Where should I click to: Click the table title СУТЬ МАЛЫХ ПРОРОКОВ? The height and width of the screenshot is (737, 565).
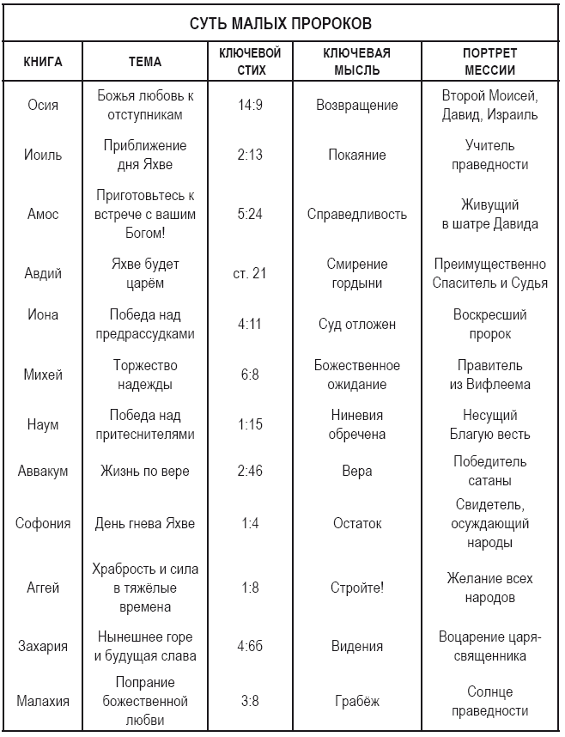tap(281, 22)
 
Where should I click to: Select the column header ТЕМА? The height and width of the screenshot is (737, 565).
tap(144, 62)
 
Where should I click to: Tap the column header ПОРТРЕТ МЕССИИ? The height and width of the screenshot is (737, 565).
tap(489, 62)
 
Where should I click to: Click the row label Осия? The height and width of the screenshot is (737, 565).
tap(43, 105)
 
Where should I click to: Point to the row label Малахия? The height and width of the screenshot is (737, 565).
tap(43, 700)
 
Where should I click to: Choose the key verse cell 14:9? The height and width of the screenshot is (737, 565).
tap(250, 105)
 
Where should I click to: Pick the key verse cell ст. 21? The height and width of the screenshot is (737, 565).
tap(250, 273)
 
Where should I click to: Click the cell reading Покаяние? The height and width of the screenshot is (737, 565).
tap(357, 155)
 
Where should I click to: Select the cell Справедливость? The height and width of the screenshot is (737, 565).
tap(357, 214)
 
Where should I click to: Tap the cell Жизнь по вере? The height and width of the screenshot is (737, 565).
tap(144, 471)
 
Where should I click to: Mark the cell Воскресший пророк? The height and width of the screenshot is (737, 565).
tap(489, 324)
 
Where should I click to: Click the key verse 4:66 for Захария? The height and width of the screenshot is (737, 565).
tap(250, 646)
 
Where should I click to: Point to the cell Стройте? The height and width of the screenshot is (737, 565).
tap(357, 588)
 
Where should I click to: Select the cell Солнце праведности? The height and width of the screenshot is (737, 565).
tap(489, 700)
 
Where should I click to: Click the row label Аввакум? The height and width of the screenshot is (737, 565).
tap(43, 471)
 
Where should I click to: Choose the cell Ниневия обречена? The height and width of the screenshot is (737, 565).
tap(357, 424)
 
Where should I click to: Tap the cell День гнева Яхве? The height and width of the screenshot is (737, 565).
tap(144, 523)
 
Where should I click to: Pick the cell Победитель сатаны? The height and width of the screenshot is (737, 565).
tap(489, 471)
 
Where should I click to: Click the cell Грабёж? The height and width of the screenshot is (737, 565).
tap(357, 700)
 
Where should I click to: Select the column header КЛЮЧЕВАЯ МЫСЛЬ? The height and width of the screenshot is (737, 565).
tap(357, 62)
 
